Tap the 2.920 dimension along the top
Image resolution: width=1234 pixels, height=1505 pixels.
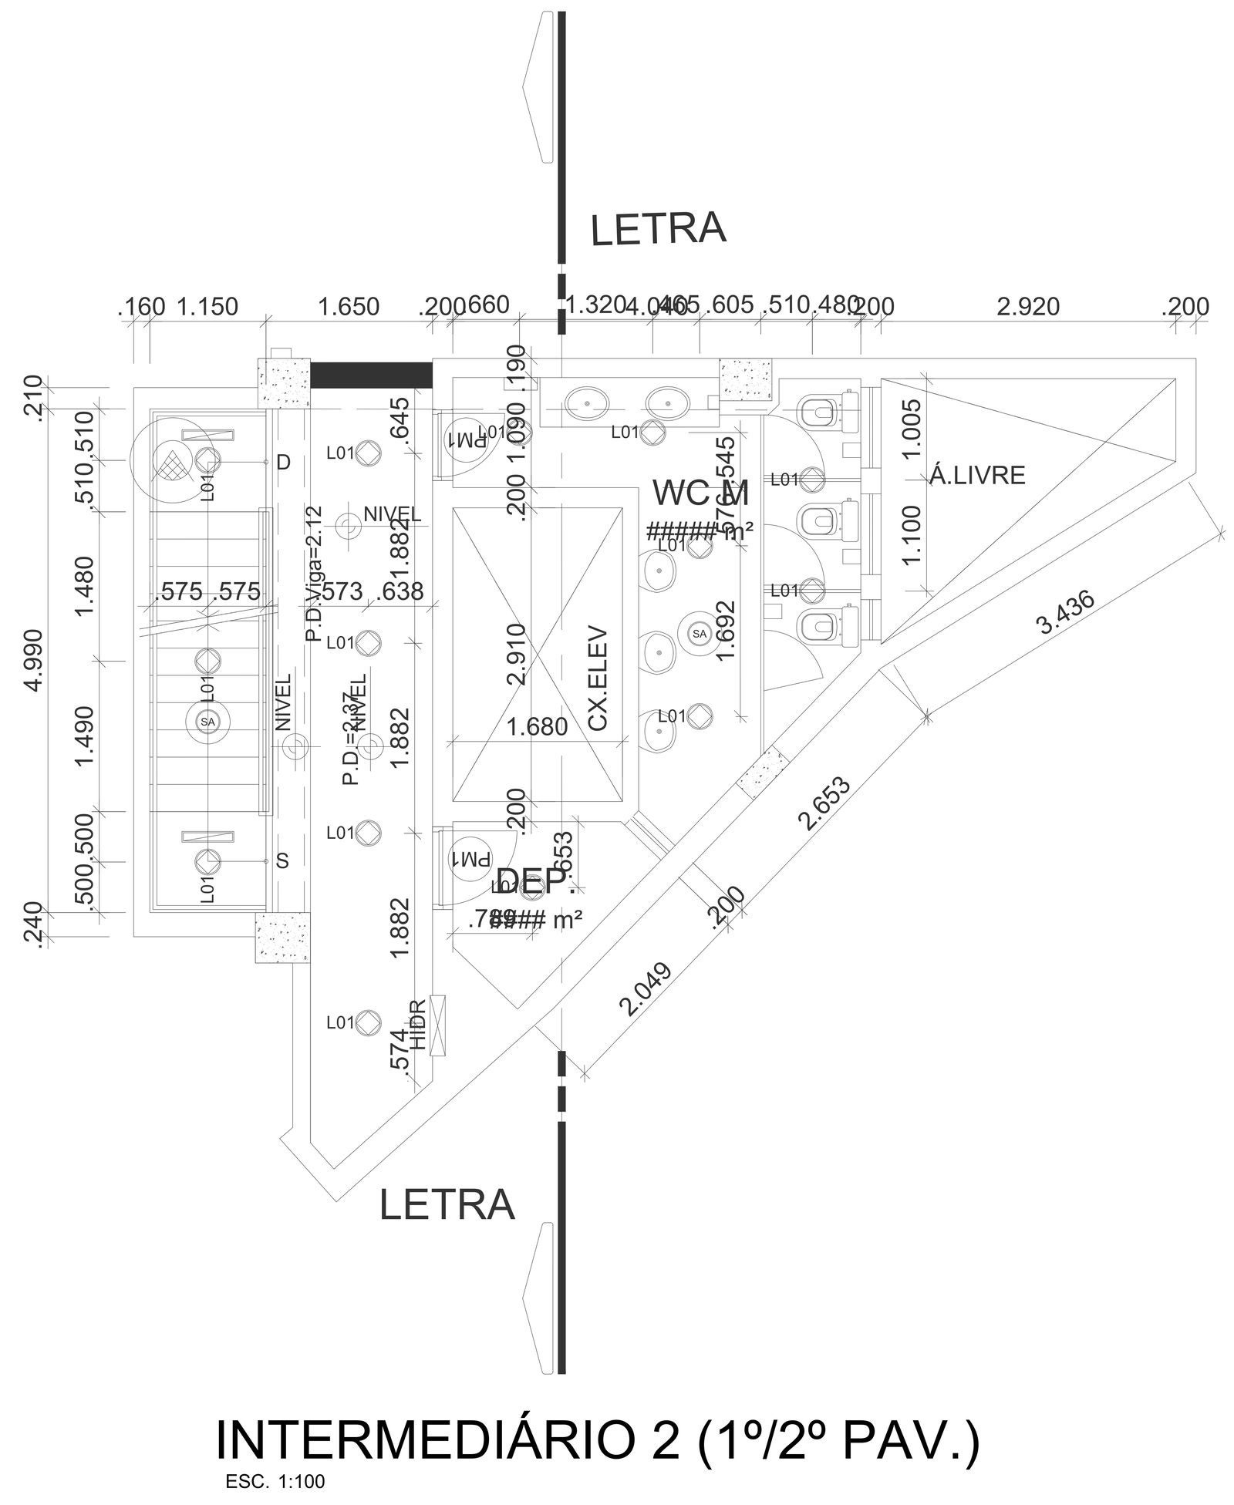[x=1027, y=307]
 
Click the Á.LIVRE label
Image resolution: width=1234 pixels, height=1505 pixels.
[x=977, y=476]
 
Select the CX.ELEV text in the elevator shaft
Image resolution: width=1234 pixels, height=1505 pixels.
[x=598, y=678]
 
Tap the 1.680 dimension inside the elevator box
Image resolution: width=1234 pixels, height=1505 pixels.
[x=538, y=726]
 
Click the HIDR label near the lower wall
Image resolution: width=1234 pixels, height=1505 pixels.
[x=418, y=1025]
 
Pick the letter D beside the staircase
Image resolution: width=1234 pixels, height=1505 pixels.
[x=284, y=462]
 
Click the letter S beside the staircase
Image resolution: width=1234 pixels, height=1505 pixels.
[x=283, y=861]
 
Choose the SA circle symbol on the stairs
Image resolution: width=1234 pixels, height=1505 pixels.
[x=207, y=722]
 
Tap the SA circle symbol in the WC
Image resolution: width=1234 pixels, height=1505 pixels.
[x=699, y=634]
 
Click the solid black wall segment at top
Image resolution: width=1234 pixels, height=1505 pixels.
[x=370, y=375]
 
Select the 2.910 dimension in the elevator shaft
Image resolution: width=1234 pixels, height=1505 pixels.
[x=516, y=654]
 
